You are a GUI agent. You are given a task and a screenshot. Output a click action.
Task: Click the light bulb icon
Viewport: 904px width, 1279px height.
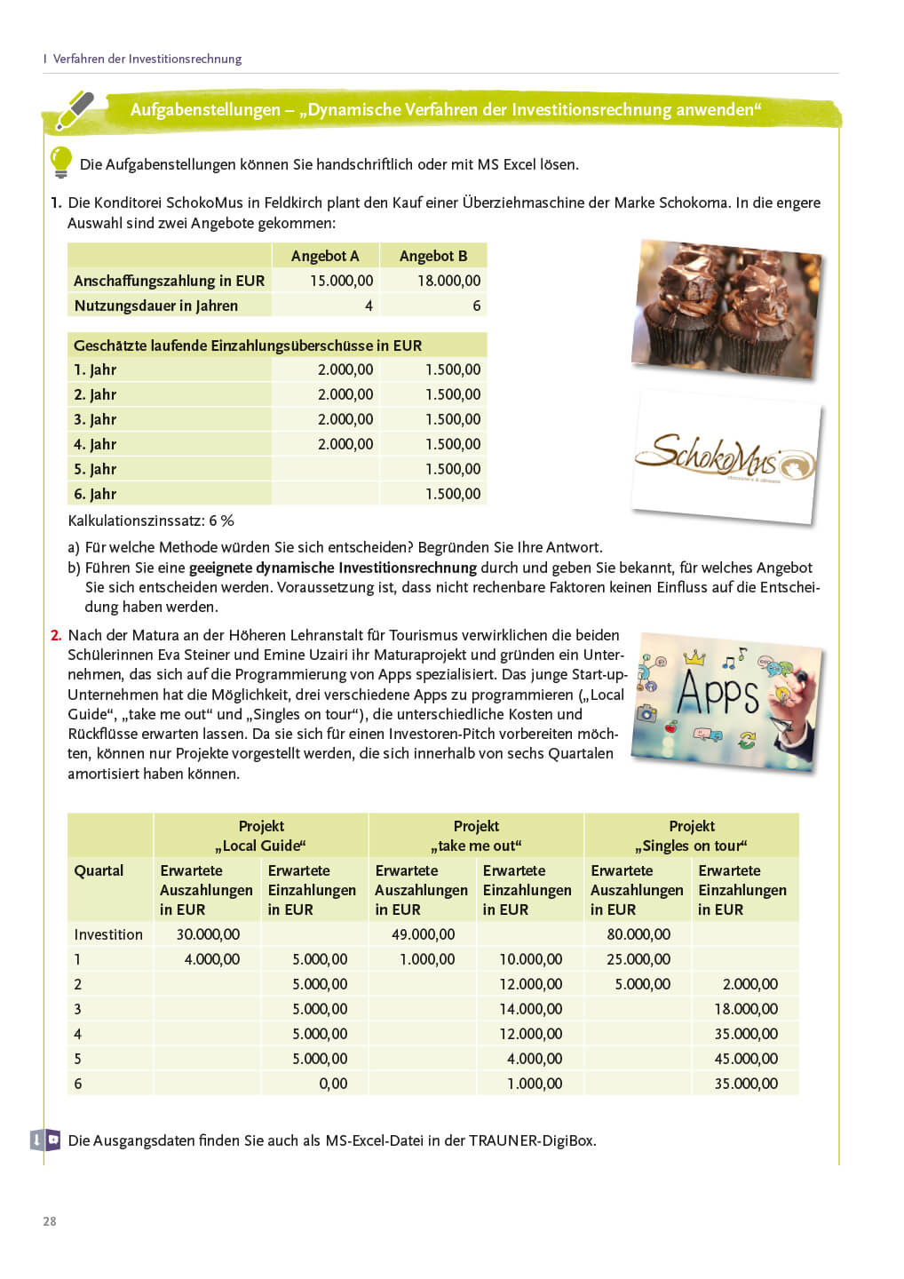(x=60, y=163)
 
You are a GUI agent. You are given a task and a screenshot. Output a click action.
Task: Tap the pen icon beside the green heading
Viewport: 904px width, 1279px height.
(x=75, y=110)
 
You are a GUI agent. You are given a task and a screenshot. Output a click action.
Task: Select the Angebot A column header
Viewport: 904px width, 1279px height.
(x=325, y=256)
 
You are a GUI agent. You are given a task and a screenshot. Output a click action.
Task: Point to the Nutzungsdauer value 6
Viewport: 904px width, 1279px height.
(x=476, y=306)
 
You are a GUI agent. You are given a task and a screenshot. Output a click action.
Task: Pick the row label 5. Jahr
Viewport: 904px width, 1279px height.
(x=95, y=469)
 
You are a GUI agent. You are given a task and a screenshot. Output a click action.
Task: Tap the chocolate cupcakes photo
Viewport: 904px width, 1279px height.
(x=726, y=307)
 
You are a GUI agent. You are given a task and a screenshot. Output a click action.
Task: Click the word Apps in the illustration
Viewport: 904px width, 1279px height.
(x=718, y=693)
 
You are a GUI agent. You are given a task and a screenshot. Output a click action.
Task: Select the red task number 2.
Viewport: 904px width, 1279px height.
(x=56, y=635)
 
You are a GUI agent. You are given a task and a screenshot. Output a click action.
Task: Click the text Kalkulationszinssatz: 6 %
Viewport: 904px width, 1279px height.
(x=151, y=520)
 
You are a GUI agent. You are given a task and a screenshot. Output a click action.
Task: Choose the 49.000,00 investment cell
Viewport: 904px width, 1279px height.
(x=423, y=934)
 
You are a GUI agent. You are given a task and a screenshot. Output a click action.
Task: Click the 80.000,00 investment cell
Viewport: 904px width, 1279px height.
(x=638, y=934)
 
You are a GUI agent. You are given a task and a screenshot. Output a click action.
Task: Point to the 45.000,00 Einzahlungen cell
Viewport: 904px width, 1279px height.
(x=746, y=1059)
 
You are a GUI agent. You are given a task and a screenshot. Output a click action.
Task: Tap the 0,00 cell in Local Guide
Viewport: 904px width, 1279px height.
(x=333, y=1084)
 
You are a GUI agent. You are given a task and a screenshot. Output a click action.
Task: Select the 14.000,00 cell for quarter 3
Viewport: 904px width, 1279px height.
(x=530, y=1009)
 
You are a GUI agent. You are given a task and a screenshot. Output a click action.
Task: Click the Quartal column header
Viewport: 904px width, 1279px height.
(x=99, y=870)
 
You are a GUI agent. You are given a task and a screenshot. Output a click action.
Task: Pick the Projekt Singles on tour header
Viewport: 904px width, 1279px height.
(x=691, y=836)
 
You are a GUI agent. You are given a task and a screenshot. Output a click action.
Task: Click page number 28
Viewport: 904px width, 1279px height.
(x=50, y=1221)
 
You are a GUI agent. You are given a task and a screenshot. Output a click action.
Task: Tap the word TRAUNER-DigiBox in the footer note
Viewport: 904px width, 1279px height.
(x=531, y=1140)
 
